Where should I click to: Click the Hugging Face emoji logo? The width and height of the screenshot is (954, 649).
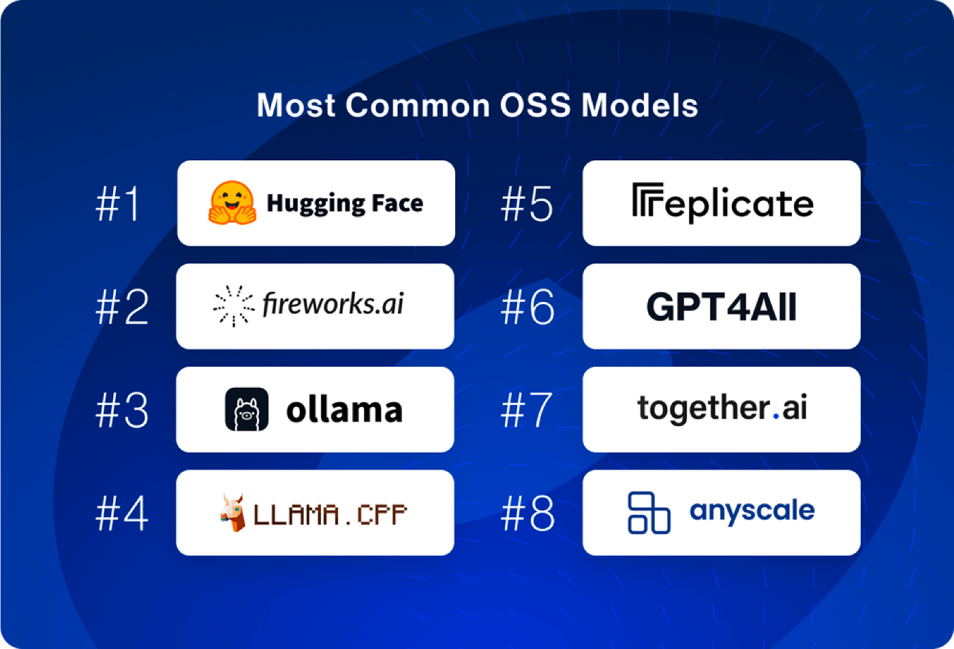coord(232,202)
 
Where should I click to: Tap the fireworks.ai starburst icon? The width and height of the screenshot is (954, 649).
coord(234,305)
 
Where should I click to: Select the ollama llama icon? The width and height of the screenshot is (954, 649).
coord(247,409)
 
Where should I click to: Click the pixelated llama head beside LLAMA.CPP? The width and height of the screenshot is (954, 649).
coord(233,513)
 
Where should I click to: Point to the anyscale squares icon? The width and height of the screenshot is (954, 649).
coord(649,513)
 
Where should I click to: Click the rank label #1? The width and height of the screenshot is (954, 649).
coord(117,204)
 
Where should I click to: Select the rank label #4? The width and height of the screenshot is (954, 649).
coord(122,513)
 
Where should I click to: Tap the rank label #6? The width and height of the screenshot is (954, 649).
coord(527,307)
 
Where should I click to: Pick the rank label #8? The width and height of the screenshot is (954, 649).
coord(527,513)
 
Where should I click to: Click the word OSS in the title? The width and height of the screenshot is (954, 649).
coord(535,105)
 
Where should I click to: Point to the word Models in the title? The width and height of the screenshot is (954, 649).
coord(640,105)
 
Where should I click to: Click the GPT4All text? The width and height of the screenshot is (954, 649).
coord(722,306)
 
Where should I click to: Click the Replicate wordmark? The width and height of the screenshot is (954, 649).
coord(723,203)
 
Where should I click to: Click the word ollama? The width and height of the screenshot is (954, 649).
coord(345,410)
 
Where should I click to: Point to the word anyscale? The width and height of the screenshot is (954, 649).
coord(752,512)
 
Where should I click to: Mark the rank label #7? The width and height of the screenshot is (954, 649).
coord(527,410)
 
